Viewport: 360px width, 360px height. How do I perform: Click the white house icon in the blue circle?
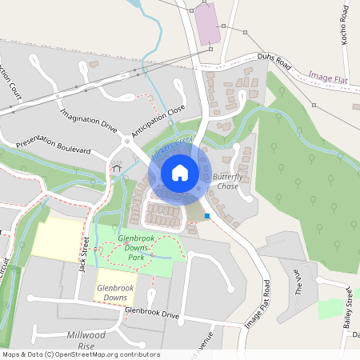(x=179, y=173)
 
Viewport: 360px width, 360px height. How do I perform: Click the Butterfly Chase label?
(x=228, y=181)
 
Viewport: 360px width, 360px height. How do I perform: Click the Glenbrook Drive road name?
(x=152, y=314)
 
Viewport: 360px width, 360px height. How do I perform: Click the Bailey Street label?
(x=349, y=308)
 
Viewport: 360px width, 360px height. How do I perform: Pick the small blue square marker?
(x=207, y=216)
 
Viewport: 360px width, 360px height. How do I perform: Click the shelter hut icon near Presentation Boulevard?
(x=116, y=167)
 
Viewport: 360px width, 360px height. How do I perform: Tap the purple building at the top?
(x=208, y=24)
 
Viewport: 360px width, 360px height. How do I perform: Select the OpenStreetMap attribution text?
(x=80, y=354)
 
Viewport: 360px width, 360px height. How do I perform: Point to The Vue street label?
(x=302, y=282)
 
